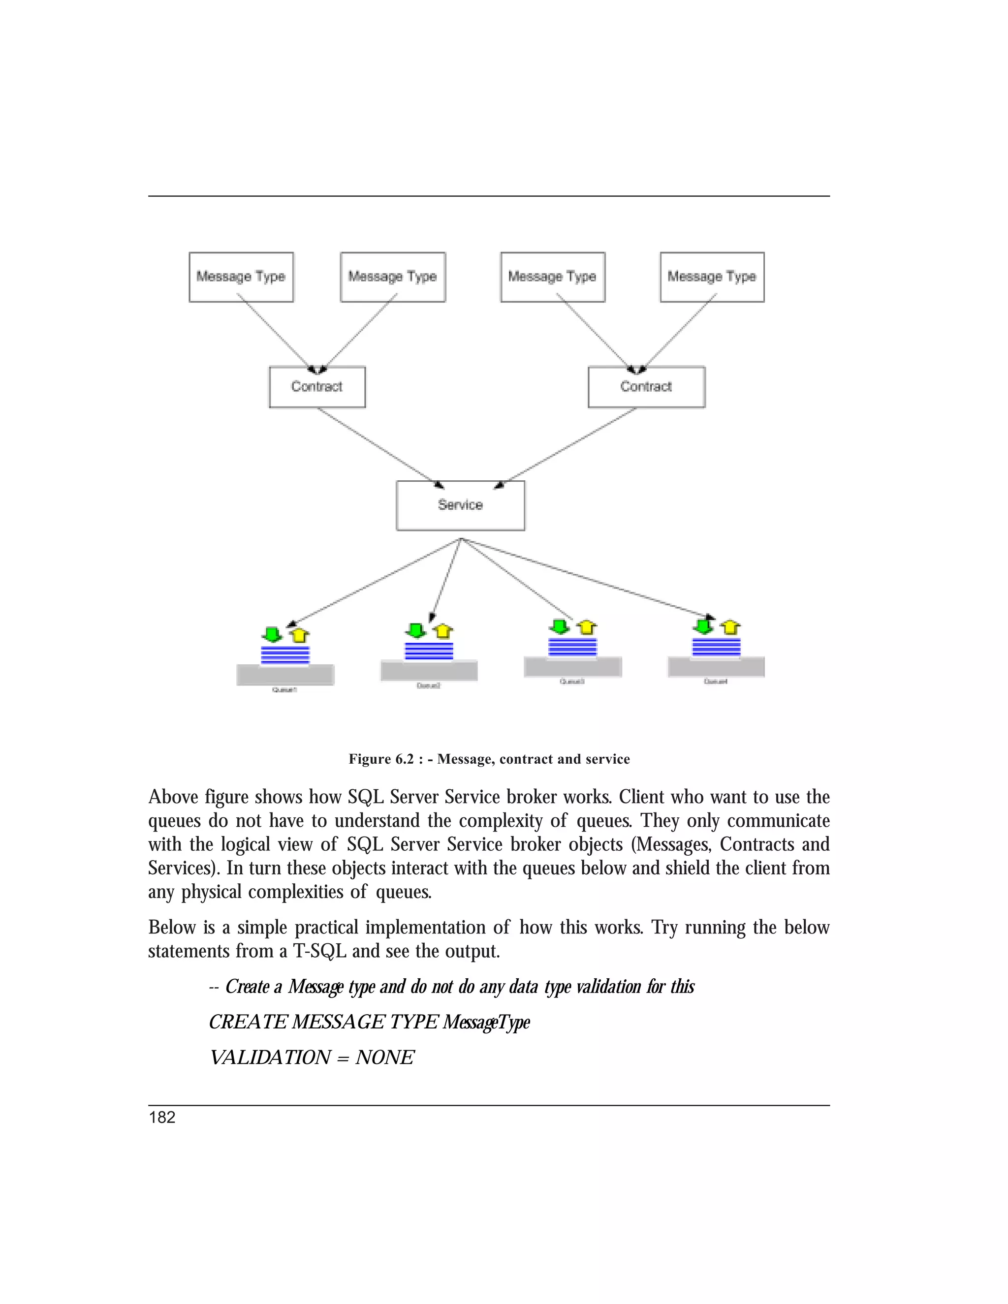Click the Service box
(460, 505)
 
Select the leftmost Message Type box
(241, 277)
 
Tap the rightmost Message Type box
(712, 277)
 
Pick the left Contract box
(317, 387)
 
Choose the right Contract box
(646, 387)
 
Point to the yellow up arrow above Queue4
(730, 627)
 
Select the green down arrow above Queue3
(560, 627)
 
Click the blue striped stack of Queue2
(429, 651)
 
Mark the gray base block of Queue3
(573, 667)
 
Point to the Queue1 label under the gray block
(284, 689)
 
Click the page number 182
(162, 1118)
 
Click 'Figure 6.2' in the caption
(381, 759)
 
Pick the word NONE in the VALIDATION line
(384, 1057)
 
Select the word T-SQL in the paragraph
(319, 951)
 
